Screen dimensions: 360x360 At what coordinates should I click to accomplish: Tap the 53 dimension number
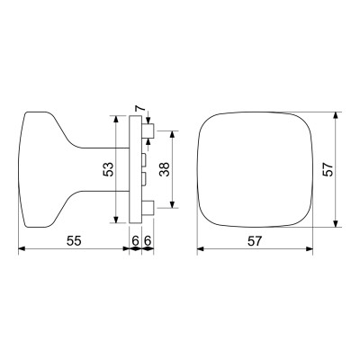pyautogui.click(x=108, y=168)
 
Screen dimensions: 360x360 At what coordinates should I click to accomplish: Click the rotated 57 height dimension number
pyautogui.click(x=328, y=168)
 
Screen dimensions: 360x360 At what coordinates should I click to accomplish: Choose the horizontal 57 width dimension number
pyautogui.click(x=256, y=241)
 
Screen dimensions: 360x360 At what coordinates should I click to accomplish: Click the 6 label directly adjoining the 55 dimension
pyautogui.click(x=135, y=241)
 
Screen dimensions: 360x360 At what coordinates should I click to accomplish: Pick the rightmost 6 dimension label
pyautogui.click(x=147, y=241)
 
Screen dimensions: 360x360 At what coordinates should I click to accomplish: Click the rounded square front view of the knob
pyautogui.click(x=256, y=168)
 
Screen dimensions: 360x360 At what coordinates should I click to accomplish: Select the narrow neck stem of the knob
pyautogui.click(x=99, y=168)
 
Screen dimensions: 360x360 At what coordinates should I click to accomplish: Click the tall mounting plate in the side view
pyautogui.click(x=136, y=168)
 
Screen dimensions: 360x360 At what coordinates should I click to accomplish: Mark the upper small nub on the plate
pyautogui.click(x=144, y=157)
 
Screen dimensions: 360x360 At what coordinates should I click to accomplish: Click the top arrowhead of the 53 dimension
pyautogui.click(x=118, y=119)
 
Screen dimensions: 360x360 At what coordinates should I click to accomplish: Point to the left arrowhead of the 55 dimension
pyautogui.click(x=23, y=249)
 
